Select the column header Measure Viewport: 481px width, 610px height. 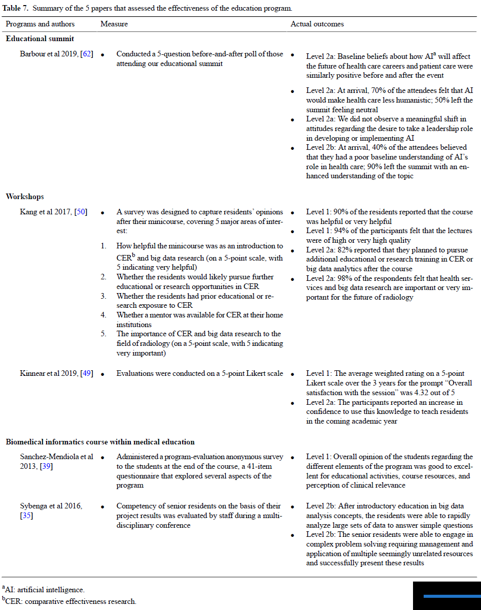(x=114, y=24)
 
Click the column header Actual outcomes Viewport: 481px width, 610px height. (x=317, y=24)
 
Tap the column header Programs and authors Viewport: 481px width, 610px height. (x=40, y=24)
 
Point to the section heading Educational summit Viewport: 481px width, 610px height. (x=40, y=39)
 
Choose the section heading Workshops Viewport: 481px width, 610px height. (x=25, y=197)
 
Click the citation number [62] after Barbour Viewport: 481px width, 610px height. (x=87, y=54)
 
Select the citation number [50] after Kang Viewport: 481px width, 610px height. (x=81, y=212)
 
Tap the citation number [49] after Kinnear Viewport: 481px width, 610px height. (x=87, y=373)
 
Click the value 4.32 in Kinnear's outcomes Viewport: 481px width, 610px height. (x=428, y=393)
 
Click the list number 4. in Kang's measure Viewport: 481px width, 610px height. (x=103, y=315)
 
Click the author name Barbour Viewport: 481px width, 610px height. (x=32, y=54)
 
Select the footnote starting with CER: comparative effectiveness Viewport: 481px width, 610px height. (x=71, y=601)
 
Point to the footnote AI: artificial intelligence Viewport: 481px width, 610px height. (x=45, y=590)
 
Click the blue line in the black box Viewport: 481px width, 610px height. (x=451, y=596)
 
